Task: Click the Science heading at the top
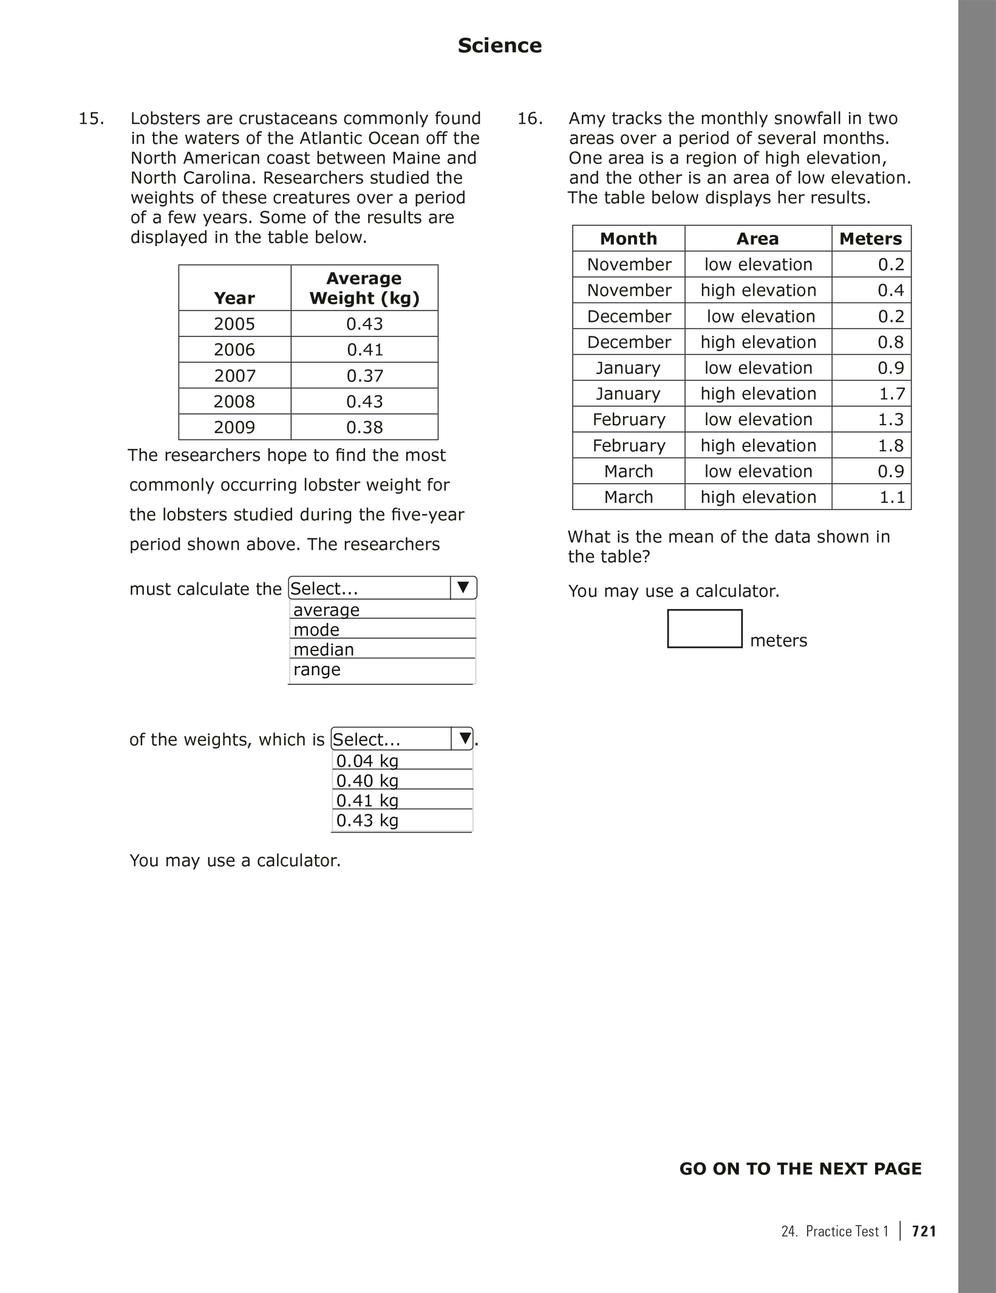tap(499, 46)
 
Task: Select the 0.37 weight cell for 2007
tap(364, 376)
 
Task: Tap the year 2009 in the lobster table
tap(234, 428)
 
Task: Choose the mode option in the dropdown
tap(316, 630)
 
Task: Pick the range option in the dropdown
tap(317, 670)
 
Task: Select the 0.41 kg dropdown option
tap(367, 800)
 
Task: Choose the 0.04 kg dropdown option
tap(367, 761)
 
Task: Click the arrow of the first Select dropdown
tap(463, 588)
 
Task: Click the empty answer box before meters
tap(704, 629)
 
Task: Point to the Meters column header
tap(870, 239)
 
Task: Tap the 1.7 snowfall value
tap(892, 394)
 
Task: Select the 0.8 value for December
tap(890, 343)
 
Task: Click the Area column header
tap(757, 239)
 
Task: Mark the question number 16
tap(530, 118)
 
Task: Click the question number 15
tap(91, 118)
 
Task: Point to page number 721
tap(924, 1231)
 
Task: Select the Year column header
tap(234, 298)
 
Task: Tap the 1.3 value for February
tap(890, 420)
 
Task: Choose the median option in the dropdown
tap(324, 650)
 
